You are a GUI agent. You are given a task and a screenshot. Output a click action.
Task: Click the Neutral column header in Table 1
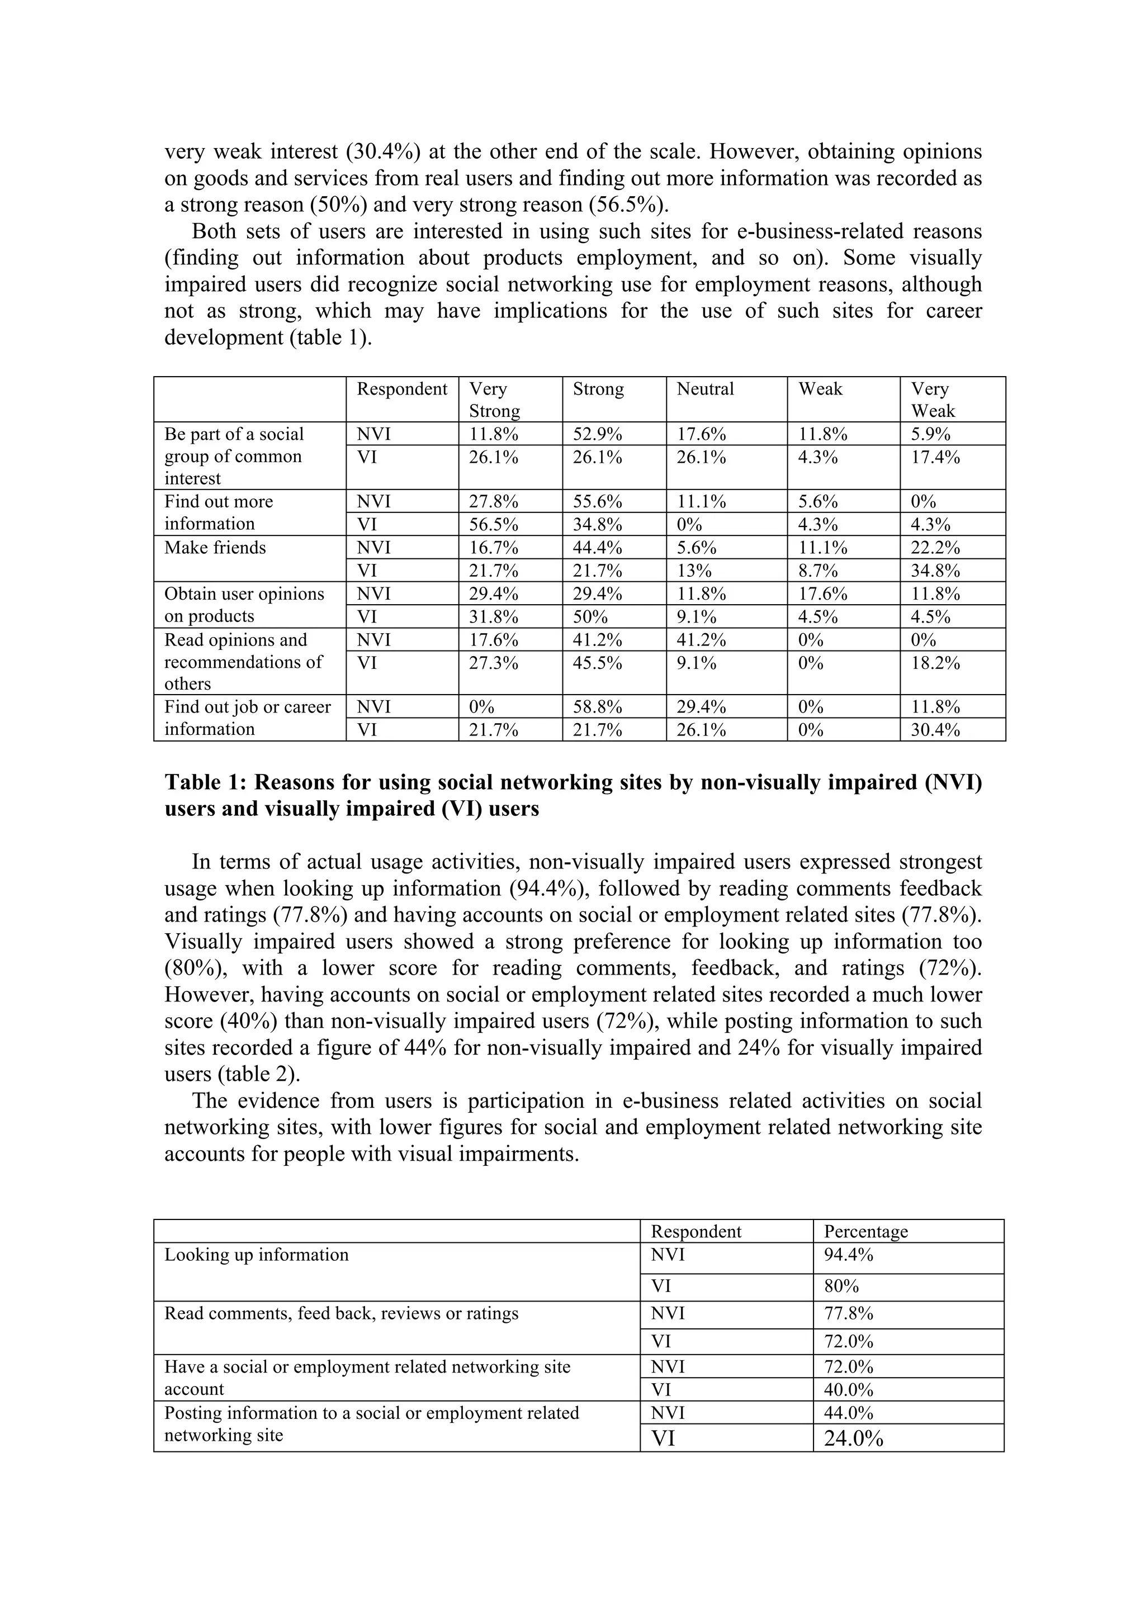705,389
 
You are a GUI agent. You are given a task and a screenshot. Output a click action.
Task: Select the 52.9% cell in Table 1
597,434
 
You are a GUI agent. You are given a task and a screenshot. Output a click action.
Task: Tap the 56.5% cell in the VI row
493,525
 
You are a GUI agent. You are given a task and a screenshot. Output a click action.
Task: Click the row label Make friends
215,548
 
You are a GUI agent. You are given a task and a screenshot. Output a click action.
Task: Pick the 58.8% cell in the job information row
597,708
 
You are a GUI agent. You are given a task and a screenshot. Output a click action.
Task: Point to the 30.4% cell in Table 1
935,730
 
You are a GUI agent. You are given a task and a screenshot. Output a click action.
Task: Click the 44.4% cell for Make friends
597,548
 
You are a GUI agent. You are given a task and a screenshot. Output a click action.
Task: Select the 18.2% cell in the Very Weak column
935,663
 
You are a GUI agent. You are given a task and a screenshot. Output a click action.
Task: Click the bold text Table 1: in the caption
205,783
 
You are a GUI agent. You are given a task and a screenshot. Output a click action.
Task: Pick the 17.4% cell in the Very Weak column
935,458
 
